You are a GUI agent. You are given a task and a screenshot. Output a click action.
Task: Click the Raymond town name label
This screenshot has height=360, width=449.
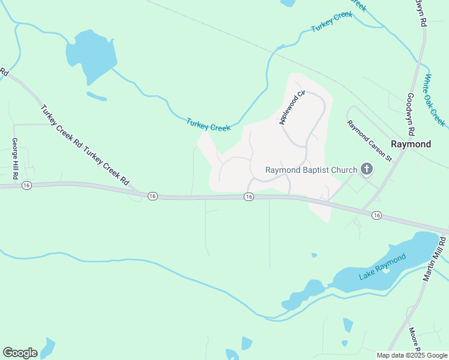[411, 145]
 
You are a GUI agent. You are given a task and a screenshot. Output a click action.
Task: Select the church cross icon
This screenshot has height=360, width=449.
[366, 170]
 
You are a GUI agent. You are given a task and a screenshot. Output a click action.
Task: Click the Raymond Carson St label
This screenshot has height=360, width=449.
[369, 140]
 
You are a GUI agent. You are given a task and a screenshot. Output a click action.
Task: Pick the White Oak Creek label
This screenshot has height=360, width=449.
[434, 100]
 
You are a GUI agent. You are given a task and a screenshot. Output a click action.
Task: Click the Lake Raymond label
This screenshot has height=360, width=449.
[382, 267]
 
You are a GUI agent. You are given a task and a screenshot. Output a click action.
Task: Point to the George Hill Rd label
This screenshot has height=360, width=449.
[15, 159]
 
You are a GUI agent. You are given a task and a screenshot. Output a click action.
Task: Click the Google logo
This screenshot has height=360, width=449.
[20, 353]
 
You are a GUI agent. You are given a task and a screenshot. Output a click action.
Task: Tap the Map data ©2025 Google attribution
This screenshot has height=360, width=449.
[412, 355]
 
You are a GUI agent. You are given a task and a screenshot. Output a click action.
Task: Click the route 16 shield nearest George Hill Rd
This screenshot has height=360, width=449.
[26, 186]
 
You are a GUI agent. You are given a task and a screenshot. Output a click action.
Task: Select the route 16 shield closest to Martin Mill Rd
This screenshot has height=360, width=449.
[376, 215]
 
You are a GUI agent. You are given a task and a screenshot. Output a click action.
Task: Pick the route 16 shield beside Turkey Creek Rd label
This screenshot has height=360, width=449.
[152, 196]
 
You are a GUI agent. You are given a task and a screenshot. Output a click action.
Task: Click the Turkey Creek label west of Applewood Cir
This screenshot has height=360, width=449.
[208, 124]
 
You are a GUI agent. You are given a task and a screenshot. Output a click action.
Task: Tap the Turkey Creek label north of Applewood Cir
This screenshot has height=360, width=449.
[332, 21]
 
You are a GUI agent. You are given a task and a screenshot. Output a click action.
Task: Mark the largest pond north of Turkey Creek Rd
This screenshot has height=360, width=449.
[92, 56]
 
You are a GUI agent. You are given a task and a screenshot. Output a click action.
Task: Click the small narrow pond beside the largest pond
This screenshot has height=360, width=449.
[96, 96]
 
